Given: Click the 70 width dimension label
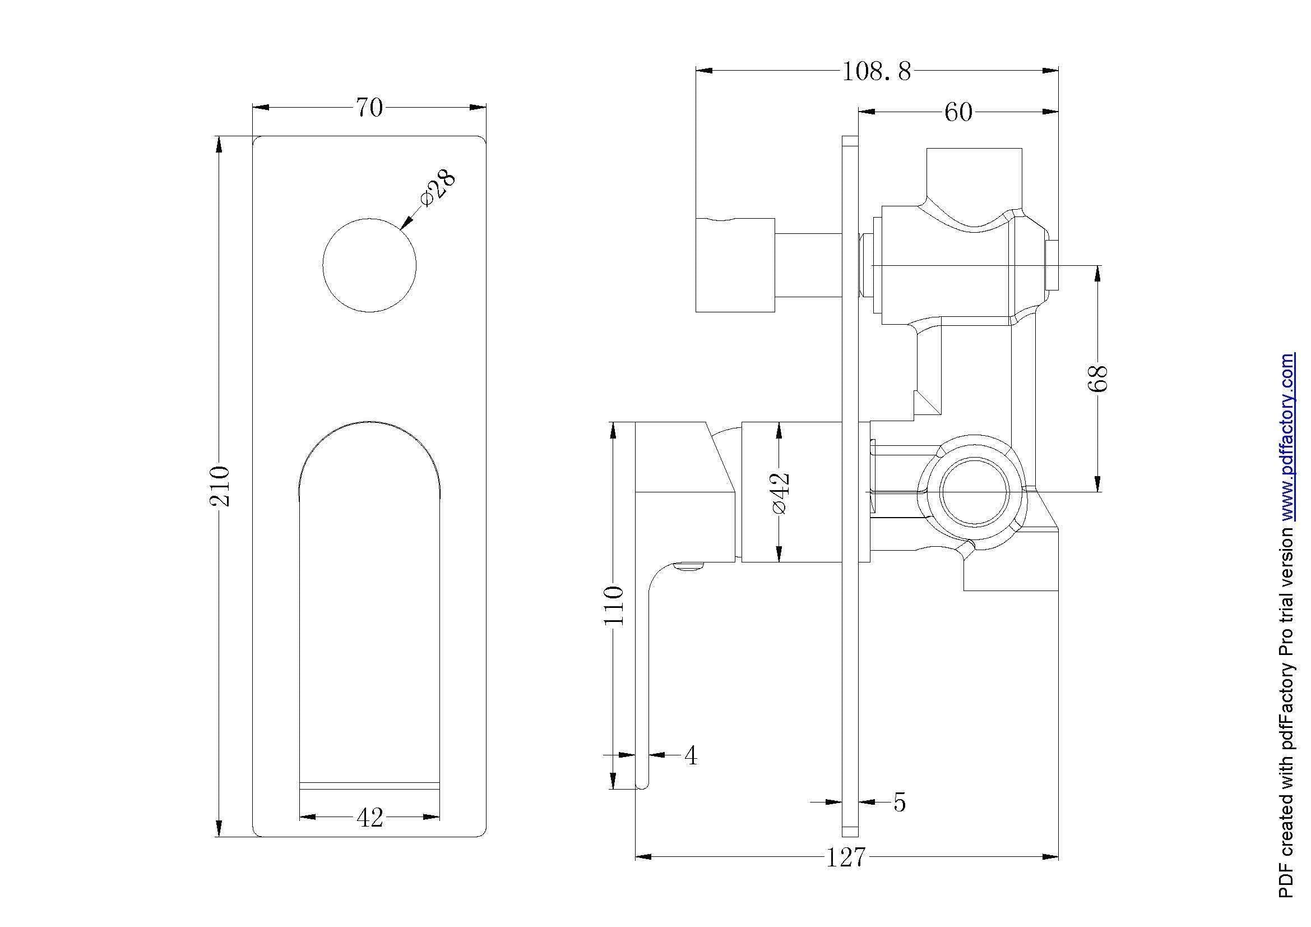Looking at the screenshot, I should [x=369, y=107].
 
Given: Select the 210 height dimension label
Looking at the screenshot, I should [x=220, y=486].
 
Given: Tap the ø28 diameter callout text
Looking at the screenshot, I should [x=438, y=188].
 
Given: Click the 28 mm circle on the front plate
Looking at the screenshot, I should [x=369, y=265].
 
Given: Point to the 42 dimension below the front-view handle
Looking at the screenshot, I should [x=369, y=818].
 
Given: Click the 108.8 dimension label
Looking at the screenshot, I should [x=877, y=72].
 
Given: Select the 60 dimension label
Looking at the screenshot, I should [x=958, y=112].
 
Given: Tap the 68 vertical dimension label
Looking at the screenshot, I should [x=1097, y=378].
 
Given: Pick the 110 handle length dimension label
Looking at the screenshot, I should [x=614, y=605].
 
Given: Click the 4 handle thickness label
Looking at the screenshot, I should [x=691, y=755].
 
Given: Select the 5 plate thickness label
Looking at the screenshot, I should [x=899, y=803].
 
